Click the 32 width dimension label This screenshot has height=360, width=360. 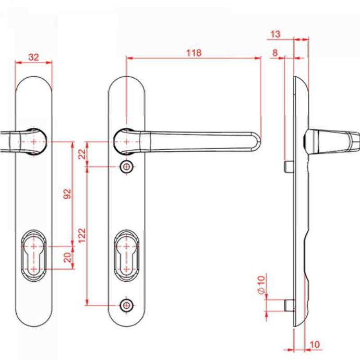click(34, 57)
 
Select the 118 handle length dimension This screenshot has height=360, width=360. click(194, 53)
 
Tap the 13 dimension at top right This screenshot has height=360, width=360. click(275, 34)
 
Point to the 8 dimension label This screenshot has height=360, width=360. click(275, 53)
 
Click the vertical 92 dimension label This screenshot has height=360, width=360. click(67, 194)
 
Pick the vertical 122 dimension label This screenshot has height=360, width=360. click(82, 235)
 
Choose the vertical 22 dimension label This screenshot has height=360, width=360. click(82, 154)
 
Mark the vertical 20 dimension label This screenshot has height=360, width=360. click(67, 258)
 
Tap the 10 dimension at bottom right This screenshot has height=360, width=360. click(315, 345)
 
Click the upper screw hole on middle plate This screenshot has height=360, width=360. click(126, 166)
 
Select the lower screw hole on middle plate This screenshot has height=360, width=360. click(126, 305)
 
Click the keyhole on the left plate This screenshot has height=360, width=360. click(34, 255)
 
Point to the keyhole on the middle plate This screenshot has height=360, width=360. click(126, 255)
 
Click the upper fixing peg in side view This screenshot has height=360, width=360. click(289, 166)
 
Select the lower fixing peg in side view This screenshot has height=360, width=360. click(290, 306)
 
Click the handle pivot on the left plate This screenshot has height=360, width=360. click(34, 142)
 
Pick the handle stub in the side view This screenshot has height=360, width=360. click(332, 141)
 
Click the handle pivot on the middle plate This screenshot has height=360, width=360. click(126, 142)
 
